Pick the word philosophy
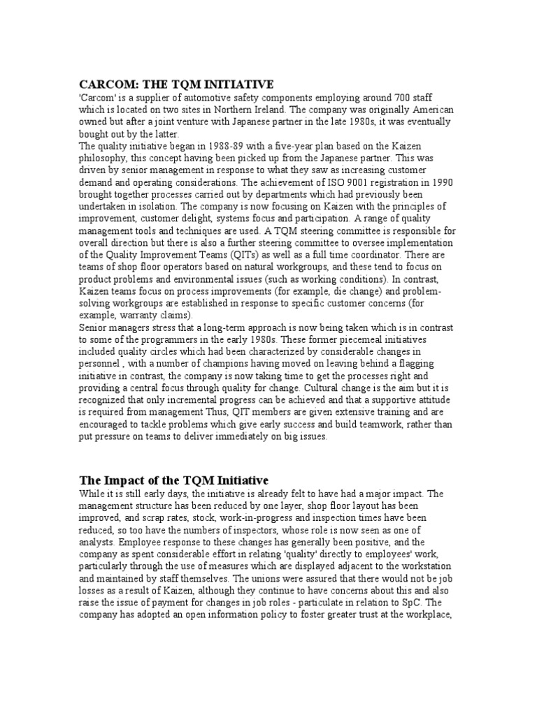106,158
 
